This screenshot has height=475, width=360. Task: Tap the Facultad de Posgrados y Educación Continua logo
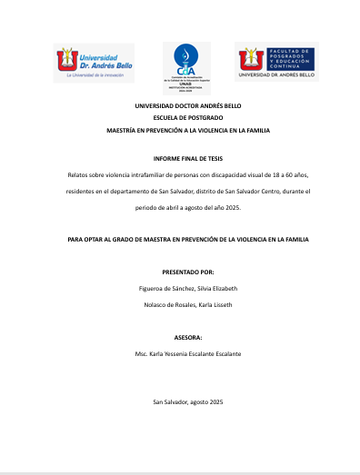[276, 63]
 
